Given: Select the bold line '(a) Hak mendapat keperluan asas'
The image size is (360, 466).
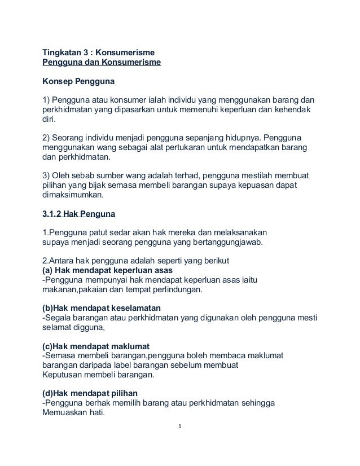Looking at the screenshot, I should pos(112,270).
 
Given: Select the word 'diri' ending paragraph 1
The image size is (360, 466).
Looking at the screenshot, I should pos(50,120).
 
